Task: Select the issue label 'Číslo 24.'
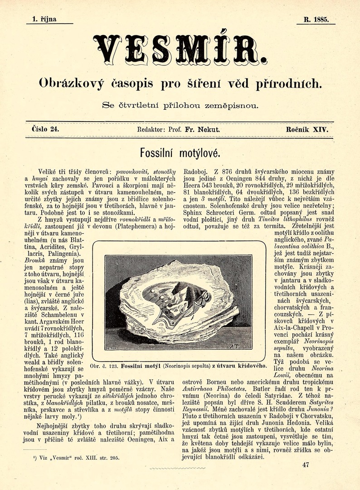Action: tap(45, 129)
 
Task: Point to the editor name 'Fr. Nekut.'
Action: tap(203, 130)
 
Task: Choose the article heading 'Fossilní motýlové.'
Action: tap(180, 152)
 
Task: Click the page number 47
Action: tap(305, 465)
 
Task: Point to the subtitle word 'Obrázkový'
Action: tap(72, 84)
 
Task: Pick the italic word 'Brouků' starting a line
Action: tap(34, 261)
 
